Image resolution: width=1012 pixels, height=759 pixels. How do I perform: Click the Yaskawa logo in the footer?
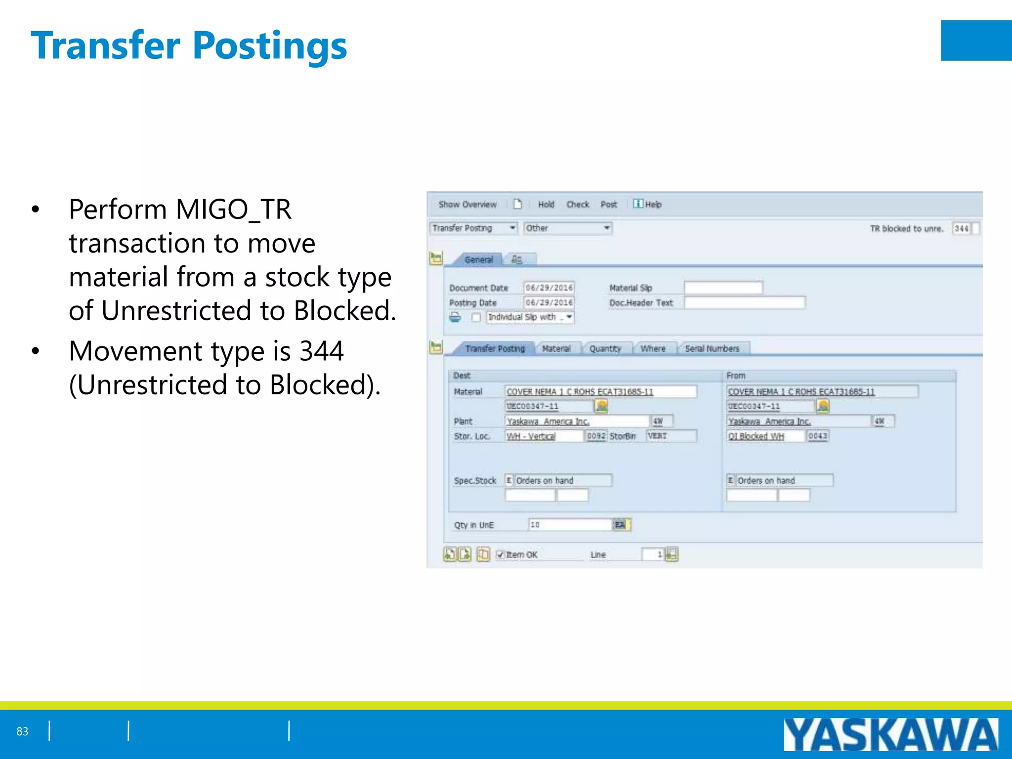(890, 735)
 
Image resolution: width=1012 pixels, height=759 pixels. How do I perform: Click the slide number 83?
(22, 731)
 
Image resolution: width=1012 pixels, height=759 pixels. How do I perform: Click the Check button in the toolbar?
(578, 205)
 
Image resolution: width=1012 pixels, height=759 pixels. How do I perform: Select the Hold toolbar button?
(546, 205)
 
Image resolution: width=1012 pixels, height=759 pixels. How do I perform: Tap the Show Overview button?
(467, 205)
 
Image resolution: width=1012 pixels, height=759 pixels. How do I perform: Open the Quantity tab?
(605, 349)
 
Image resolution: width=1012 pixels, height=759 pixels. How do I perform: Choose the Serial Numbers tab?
(712, 349)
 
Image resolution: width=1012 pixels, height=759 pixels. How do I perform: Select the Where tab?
(653, 349)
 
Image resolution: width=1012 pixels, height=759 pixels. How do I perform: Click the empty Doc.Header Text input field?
(745, 302)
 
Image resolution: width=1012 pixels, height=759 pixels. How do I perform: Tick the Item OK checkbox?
(501, 555)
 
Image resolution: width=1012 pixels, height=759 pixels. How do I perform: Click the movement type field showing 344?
(961, 228)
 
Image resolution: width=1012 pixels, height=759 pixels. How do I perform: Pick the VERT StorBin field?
(671, 436)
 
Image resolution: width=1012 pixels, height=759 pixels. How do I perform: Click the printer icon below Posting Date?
(455, 317)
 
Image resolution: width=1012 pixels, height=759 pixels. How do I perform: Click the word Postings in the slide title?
(270, 46)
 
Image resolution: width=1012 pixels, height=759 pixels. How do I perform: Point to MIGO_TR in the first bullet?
(233, 210)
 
